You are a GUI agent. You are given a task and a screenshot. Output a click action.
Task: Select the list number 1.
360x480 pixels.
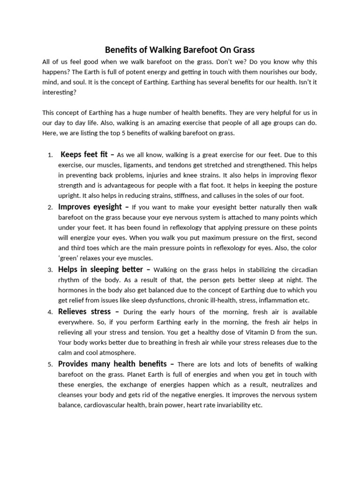[50, 155]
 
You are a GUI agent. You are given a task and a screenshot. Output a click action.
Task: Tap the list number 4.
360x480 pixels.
[50, 312]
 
